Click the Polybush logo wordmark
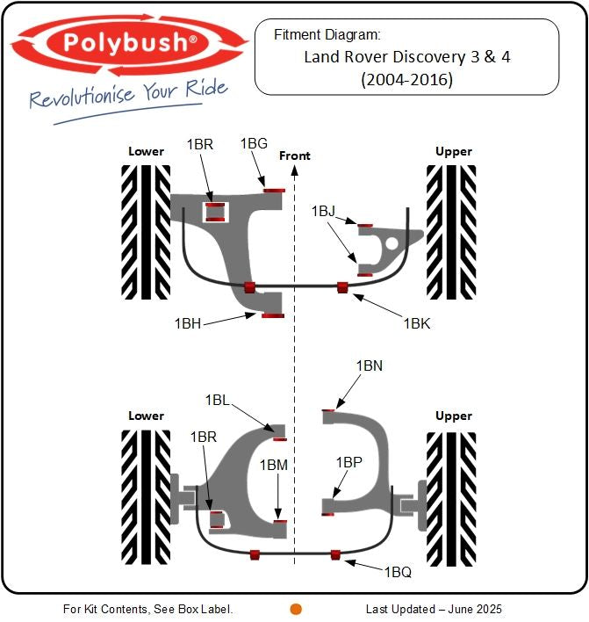(x=129, y=42)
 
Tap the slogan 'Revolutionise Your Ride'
(x=128, y=93)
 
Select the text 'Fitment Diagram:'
(x=327, y=35)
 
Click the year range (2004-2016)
(x=406, y=79)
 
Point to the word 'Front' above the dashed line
(x=295, y=155)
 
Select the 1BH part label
(x=188, y=323)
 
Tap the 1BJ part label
(x=323, y=212)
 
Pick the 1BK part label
(x=417, y=323)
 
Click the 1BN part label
(x=369, y=365)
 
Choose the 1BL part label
(x=218, y=400)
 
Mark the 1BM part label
(x=273, y=465)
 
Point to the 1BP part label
(x=348, y=461)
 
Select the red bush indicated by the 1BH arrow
(x=273, y=315)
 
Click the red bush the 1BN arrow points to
(x=328, y=409)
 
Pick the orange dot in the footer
(x=296, y=609)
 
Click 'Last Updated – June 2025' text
(x=434, y=609)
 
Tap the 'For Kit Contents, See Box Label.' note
(x=148, y=609)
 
